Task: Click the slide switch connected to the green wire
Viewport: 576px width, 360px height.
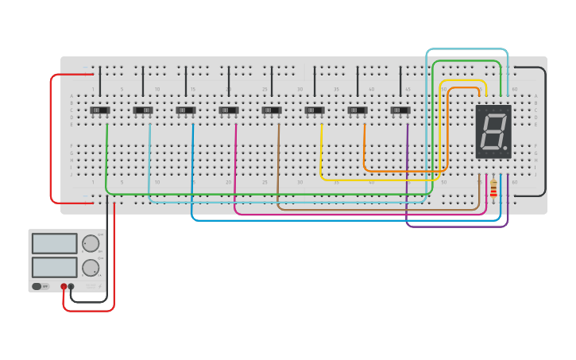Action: click(x=100, y=110)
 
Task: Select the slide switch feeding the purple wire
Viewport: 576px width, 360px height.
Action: click(x=400, y=110)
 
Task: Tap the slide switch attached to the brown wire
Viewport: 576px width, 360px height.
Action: click(x=272, y=110)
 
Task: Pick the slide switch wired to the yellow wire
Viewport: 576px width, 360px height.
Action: click(x=315, y=110)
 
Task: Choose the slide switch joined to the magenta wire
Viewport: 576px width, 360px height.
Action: click(x=229, y=110)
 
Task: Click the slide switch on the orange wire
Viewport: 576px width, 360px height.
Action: click(x=358, y=110)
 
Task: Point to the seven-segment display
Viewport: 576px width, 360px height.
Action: click(x=493, y=131)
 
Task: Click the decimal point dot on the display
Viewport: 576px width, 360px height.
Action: click(x=505, y=148)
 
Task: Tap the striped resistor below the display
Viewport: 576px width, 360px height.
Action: click(x=493, y=190)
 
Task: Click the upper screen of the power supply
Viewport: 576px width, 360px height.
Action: click(x=55, y=243)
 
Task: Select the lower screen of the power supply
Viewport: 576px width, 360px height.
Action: click(x=55, y=267)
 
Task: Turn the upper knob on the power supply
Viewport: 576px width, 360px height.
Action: click(x=91, y=243)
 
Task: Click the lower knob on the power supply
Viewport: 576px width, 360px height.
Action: click(x=91, y=268)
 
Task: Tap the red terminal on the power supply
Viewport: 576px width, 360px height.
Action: click(x=64, y=286)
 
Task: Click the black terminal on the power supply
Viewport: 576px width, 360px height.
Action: click(x=72, y=286)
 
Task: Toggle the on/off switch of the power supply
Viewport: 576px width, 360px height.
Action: click(x=37, y=286)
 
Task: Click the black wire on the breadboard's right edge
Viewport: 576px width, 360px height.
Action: click(x=546, y=131)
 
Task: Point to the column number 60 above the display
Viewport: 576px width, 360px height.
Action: click(x=515, y=89)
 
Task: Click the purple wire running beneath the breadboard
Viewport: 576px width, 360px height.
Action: click(x=457, y=226)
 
